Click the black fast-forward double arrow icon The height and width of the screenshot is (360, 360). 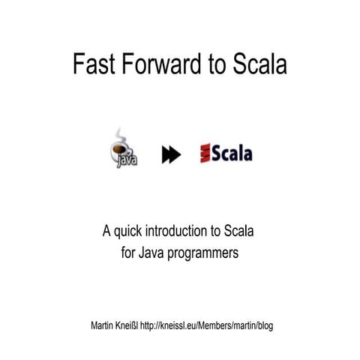click(x=171, y=154)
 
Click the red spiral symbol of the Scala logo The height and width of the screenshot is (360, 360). click(x=205, y=154)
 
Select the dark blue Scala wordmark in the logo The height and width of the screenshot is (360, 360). click(x=232, y=154)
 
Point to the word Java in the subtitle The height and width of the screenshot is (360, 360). click(x=152, y=253)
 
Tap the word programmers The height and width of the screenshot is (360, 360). click(x=204, y=254)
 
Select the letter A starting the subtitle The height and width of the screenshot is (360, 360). click(x=107, y=230)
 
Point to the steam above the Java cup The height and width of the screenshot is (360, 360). click(x=118, y=135)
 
